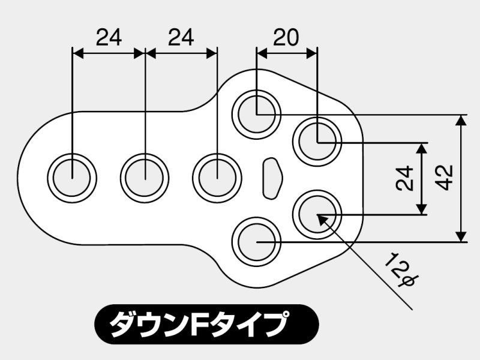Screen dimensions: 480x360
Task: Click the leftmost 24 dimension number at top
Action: click(109, 37)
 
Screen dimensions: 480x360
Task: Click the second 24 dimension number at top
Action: click(181, 37)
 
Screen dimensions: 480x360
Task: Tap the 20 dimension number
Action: click(286, 37)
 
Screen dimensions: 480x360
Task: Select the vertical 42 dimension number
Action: click(444, 178)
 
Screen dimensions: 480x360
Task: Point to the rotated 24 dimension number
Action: click(404, 178)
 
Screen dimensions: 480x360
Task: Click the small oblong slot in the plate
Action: click(272, 178)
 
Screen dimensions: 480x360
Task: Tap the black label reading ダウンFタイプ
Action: click(206, 325)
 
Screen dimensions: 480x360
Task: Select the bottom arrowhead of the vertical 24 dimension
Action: click(422, 209)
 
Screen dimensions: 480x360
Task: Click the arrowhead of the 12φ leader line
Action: click(322, 220)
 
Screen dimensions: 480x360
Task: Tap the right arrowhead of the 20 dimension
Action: click(311, 53)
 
